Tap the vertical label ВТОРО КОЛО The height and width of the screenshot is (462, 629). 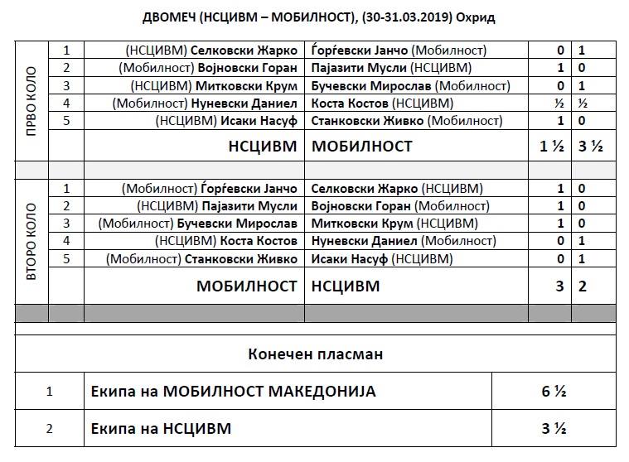[31, 234]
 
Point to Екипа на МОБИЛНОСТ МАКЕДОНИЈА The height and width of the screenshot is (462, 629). [234, 392]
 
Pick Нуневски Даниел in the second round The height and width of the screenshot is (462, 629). [363, 241]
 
